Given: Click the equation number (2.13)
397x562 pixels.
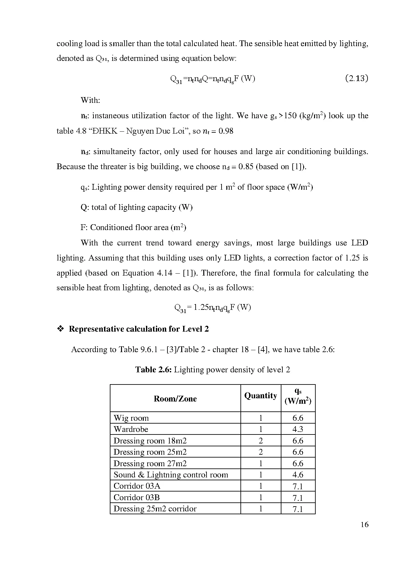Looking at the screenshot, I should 357,79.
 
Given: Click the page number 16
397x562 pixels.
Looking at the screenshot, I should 364,525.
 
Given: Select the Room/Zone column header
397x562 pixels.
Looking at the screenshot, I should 175,399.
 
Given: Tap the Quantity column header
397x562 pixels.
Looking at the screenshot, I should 261,396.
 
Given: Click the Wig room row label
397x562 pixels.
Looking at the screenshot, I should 131,418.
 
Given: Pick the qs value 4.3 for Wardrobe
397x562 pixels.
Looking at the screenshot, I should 298,429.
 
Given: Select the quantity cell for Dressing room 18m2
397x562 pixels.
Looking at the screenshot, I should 261,441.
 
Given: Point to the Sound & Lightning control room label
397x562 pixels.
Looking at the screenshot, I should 171,475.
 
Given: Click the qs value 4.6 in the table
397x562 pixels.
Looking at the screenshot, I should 298,475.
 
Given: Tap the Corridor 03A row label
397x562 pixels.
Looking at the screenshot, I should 137,486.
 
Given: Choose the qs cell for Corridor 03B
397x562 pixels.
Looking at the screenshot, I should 298,498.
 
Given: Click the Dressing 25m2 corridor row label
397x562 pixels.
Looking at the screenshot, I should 155,509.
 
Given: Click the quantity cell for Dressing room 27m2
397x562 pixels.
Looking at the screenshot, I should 261,464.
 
